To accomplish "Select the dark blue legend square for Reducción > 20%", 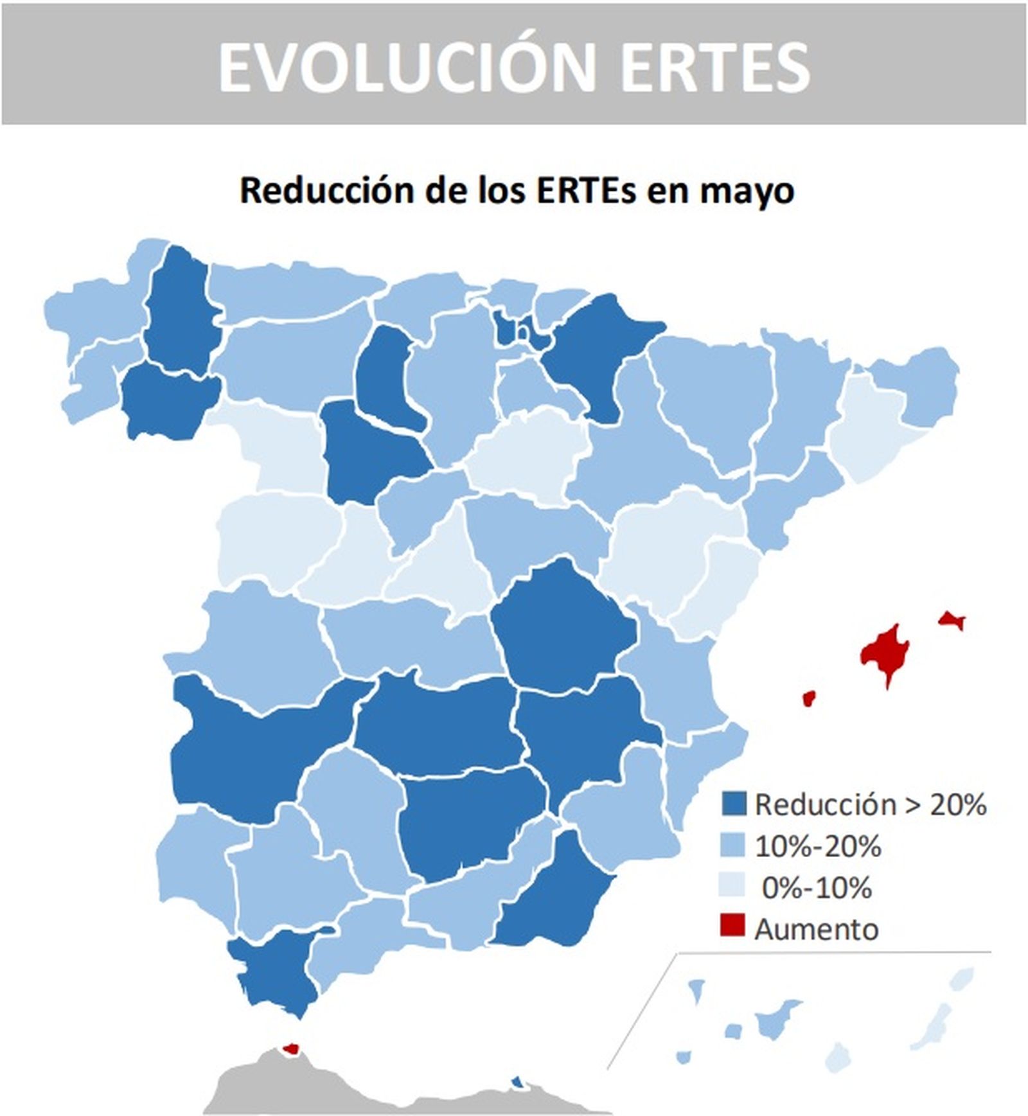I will (x=733, y=804).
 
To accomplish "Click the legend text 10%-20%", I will (x=817, y=846).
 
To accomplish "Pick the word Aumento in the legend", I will (x=816, y=929).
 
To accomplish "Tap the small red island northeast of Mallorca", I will (x=951, y=619).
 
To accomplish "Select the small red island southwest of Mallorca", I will (x=809, y=698).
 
